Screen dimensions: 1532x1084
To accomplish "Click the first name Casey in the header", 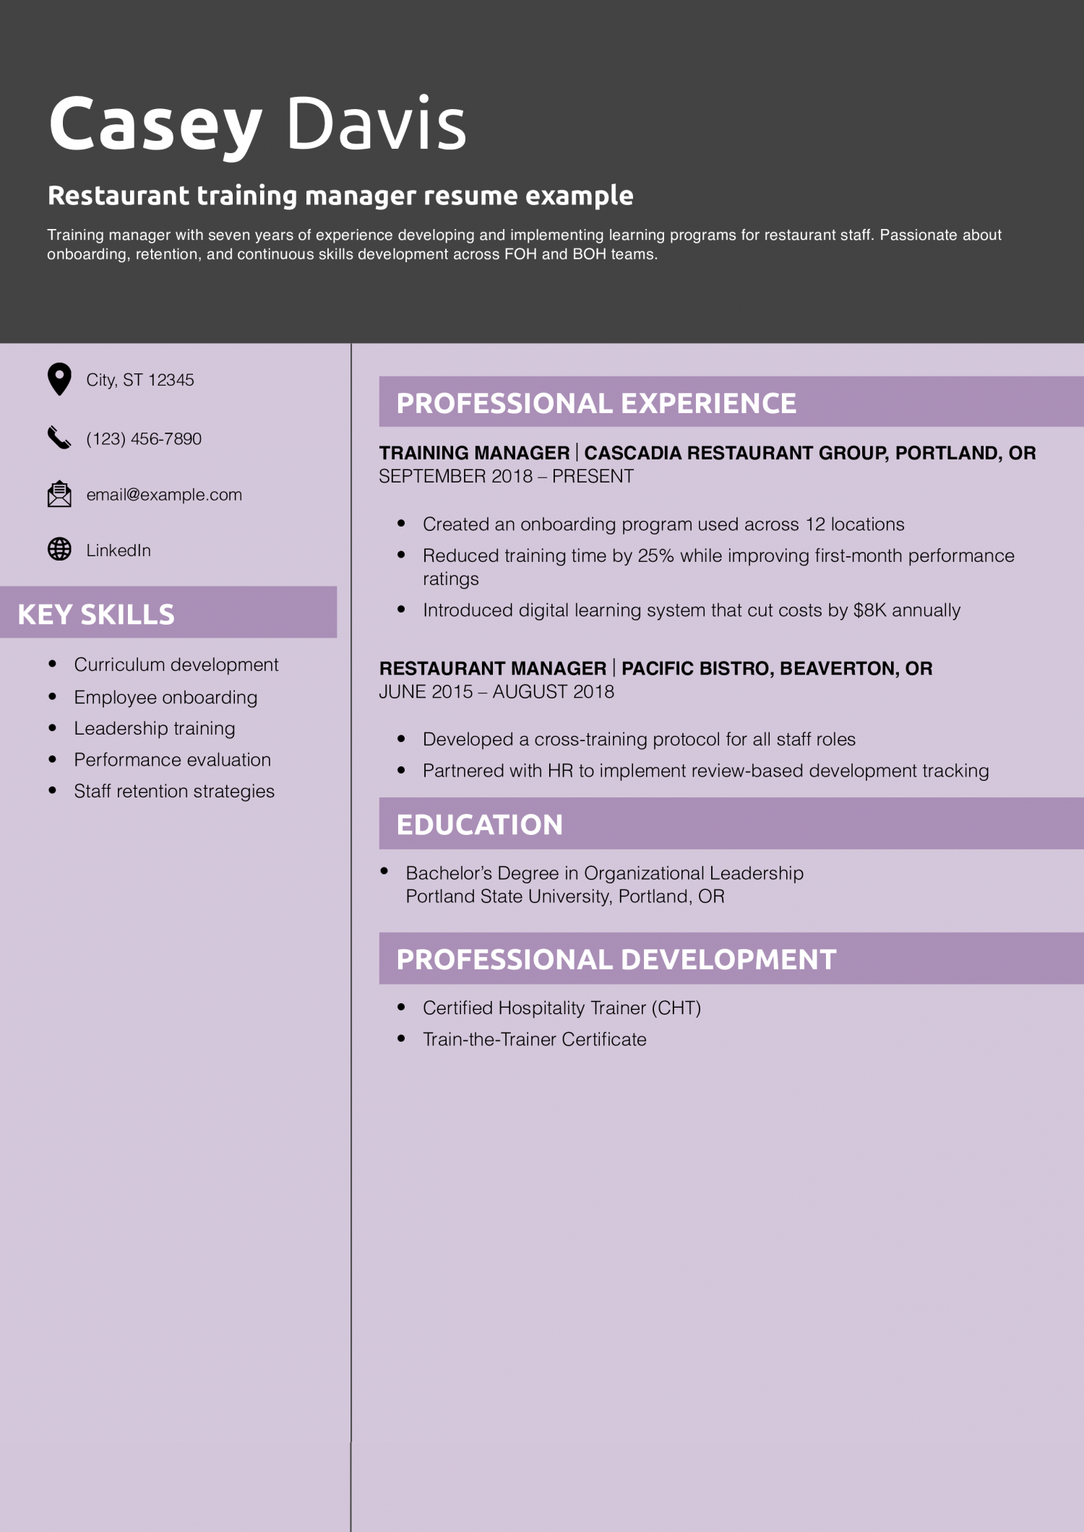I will coord(155,124).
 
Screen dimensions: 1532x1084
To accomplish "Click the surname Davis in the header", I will coord(376,124).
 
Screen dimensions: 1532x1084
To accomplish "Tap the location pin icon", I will coord(59,379).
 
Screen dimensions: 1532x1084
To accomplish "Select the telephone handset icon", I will coord(59,438).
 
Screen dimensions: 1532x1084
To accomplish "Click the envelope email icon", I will coord(59,494).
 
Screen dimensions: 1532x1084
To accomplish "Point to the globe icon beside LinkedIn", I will coord(59,550).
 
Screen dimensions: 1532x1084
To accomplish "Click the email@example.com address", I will coord(164,495).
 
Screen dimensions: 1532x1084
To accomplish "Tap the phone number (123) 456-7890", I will coord(144,438).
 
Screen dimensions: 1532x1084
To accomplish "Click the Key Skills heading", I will coord(96,614).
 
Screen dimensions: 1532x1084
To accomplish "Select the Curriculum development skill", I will coord(176,665).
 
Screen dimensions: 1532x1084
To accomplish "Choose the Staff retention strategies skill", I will coord(174,791).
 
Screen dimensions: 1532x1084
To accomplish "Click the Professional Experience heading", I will coord(596,403).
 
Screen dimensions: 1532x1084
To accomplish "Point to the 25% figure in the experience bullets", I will coord(655,555).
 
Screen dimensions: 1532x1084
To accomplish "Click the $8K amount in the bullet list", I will coord(869,610).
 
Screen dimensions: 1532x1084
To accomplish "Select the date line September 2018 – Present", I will coord(506,477).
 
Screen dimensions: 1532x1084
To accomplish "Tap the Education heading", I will coord(479,825).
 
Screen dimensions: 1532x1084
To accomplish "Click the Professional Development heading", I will coord(616,959).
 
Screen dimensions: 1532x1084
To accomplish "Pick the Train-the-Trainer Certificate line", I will coord(534,1039).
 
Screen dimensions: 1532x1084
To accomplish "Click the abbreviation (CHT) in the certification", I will coord(676,1008).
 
